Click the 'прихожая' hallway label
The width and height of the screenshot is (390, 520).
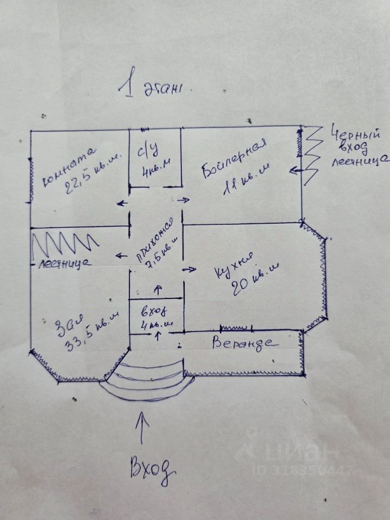point(154,241)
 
